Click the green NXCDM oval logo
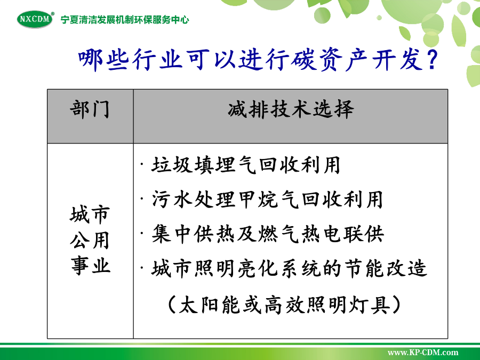coord(35,19)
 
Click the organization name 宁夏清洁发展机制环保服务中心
coord(125,20)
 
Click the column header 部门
coord(90,109)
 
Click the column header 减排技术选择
coord(291,109)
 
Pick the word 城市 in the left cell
coord(90,214)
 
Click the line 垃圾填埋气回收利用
coord(246,165)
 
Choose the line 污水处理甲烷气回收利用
coord(267,199)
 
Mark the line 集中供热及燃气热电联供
coord(268,234)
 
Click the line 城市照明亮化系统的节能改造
coord(289,268)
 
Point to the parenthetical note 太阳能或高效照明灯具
coord(284,305)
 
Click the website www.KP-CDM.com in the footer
coord(423,353)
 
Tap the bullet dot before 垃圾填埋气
coord(142,164)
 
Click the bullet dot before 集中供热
coord(142,233)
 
